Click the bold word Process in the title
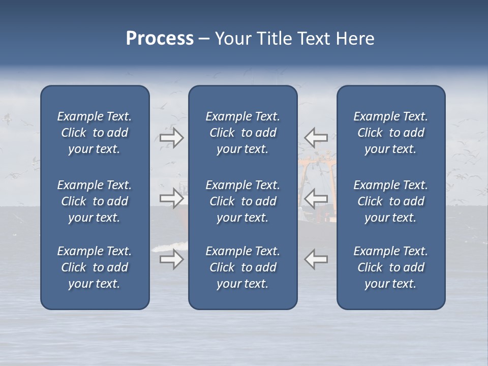click(160, 39)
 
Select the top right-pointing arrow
click(171, 138)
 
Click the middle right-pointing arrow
click(171, 198)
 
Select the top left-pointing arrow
click(316, 138)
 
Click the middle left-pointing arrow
click(316, 198)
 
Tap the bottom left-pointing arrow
click(316, 259)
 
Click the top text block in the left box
click(95, 133)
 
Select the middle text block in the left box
click(95, 201)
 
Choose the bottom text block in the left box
click(95, 267)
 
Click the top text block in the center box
click(242, 133)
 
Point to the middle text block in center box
click(242, 201)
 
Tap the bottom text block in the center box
click(242, 267)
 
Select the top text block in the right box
click(390, 133)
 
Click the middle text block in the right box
click(390, 201)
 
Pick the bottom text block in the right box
click(390, 267)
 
